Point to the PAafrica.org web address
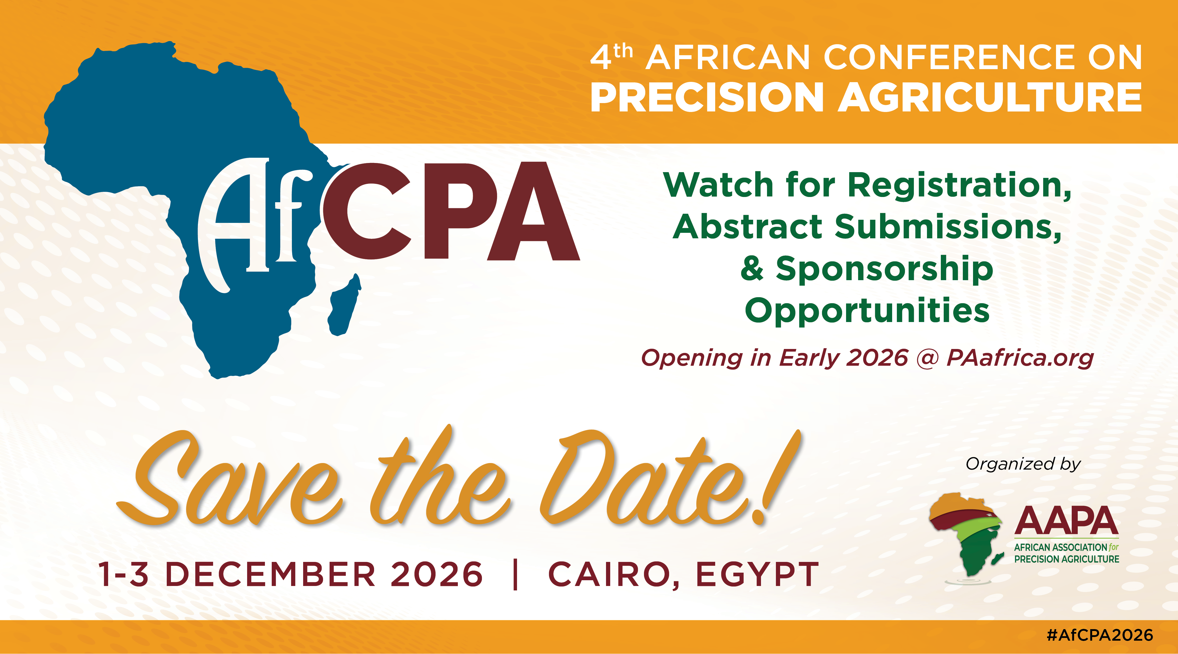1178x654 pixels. coord(1020,358)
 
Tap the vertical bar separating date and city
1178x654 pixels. coord(515,574)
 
